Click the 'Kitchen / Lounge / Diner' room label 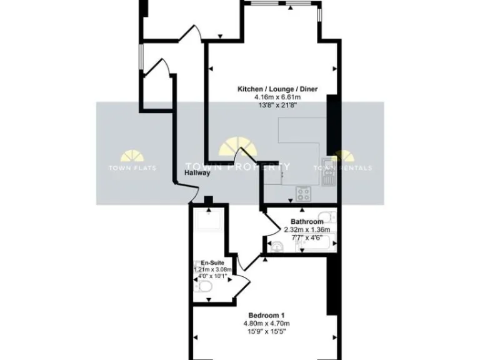[x=277, y=89]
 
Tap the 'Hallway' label [x=197, y=173]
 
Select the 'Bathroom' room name [x=307, y=222]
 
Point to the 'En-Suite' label [x=212, y=262]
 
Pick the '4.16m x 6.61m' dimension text [x=277, y=97]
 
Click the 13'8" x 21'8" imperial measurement [x=277, y=106]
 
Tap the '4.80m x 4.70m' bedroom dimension [x=267, y=323]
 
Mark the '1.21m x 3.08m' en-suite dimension [x=212, y=270]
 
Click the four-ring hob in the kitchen [x=304, y=192]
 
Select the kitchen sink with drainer [x=329, y=172]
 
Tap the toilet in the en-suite [x=204, y=286]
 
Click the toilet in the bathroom [x=331, y=218]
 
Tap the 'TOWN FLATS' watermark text [x=132, y=168]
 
